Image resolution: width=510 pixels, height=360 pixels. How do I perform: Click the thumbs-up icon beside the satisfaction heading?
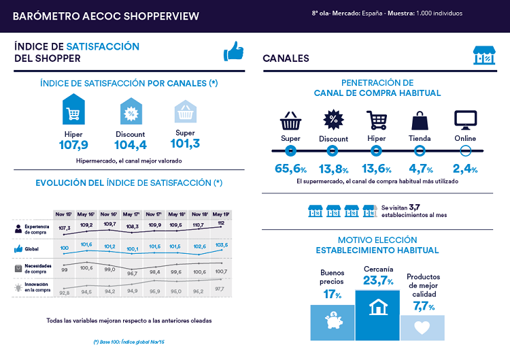pyautogui.click(x=233, y=52)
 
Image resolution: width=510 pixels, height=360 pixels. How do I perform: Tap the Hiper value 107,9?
pyautogui.click(x=73, y=144)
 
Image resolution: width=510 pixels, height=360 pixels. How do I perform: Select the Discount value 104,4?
pyautogui.click(x=131, y=144)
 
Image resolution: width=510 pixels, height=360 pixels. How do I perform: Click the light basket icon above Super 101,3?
pyautogui.click(x=185, y=111)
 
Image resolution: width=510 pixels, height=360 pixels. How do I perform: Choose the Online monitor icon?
pyautogui.click(x=464, y=120)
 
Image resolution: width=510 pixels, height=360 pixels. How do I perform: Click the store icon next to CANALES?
pyautogui.click(x=483, y=54)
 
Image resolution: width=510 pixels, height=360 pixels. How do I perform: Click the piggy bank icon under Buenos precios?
pyautogui.click(x=333, y=323)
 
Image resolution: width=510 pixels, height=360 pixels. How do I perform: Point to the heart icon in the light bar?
pyautogui.click(x=422, y=327)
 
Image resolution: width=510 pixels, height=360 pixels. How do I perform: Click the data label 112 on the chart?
pyautogui.click(x=220, y=223)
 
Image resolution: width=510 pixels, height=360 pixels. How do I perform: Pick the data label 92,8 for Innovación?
pyautogui.click(x=65, y=293)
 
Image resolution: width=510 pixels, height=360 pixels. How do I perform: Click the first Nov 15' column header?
pyautogui.click(x=65, y=214)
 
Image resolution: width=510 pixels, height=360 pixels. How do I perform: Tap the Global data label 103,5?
pyautogui.click(x=220, y=245)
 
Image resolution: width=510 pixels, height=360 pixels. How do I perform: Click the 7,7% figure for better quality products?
pyautogui.click(x=422, y=307)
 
